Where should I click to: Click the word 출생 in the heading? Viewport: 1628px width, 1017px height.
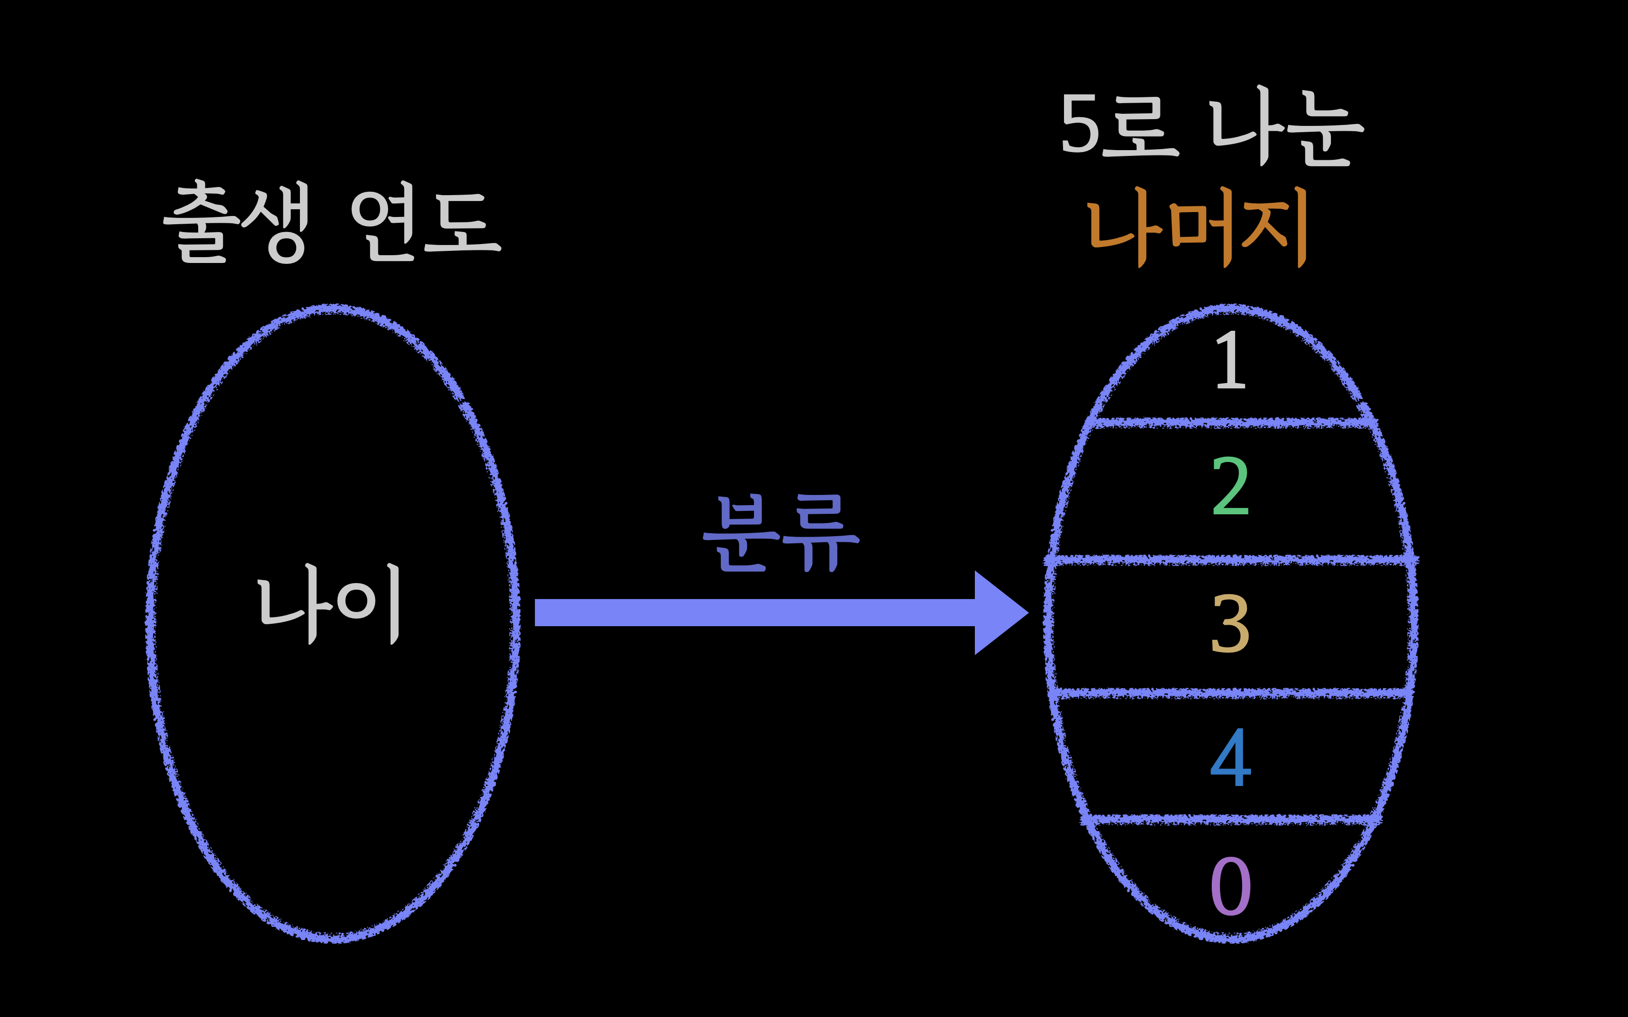click(237, 222)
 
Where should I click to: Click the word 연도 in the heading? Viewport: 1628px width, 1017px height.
click(425, 223)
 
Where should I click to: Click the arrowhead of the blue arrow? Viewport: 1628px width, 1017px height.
click(1000, 613)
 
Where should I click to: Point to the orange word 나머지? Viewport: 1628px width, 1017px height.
click(1197, 227)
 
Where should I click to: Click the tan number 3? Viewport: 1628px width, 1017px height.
click(1230, 624)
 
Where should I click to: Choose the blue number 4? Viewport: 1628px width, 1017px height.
click(1230, 757)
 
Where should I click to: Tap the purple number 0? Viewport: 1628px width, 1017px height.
click(1230, 887)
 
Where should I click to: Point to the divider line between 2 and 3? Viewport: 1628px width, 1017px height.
click(1230, 560)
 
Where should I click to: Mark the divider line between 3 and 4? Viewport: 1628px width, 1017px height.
click(1230, 693)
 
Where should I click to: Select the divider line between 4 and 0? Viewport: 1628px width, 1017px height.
click(1230, 819)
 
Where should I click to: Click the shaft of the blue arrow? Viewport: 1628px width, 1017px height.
click(753, 613)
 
